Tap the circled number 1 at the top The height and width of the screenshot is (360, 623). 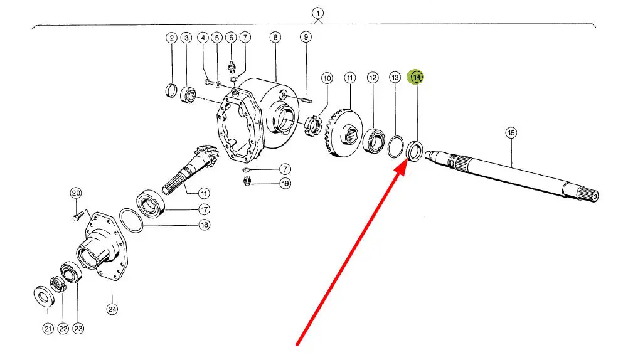point(318,13)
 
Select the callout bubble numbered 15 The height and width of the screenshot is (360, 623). point(511,132)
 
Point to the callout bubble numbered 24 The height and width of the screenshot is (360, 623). point(112,308)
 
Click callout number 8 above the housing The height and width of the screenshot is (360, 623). point(275,38)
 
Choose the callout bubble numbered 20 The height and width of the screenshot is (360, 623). point(75,193)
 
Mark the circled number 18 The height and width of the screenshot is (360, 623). point(204,225)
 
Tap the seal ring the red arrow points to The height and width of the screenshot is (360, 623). point(414,151)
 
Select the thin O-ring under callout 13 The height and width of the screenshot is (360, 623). point(395,146)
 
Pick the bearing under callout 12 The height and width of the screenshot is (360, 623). point(374,140)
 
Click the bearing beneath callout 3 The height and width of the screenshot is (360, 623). point(188,95)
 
